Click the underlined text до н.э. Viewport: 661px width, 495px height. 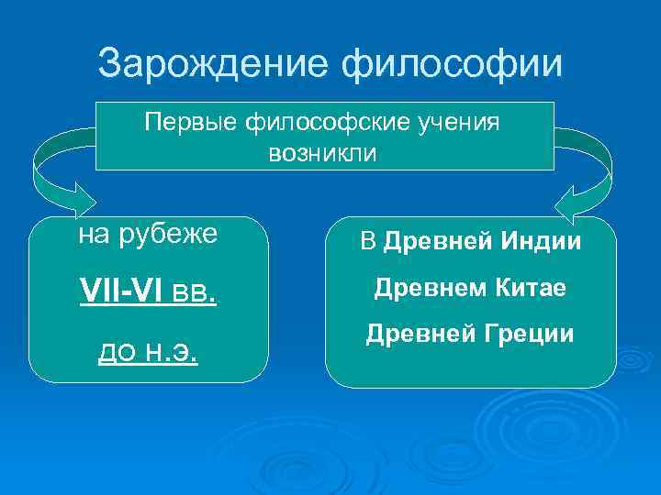(x=149, y=352)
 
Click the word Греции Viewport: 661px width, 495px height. (x=531, y=335)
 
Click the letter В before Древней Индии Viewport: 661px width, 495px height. (x=368, y=243)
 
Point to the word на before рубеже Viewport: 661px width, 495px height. (x=93, y=236)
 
